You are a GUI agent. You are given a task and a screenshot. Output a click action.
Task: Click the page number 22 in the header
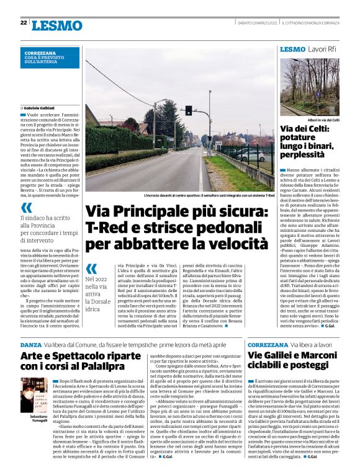pos(23,23)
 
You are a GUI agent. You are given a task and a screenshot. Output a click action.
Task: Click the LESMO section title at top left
pos(57,25)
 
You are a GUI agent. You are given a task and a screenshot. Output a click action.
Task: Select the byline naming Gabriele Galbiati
pos(38,108)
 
